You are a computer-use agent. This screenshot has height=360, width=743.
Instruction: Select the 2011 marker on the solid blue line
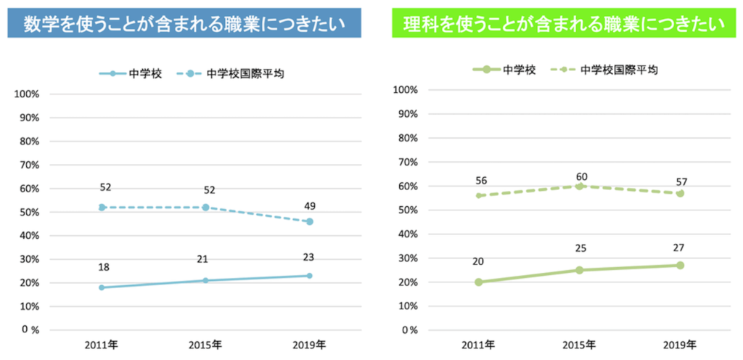point(102,287)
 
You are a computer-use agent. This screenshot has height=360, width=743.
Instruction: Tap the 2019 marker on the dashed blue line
point(309,221)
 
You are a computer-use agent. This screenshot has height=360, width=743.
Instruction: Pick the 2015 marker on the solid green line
point(580,270)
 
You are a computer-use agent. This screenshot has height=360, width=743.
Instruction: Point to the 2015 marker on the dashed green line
point(580,186)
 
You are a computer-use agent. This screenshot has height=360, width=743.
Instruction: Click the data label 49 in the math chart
point(309,205)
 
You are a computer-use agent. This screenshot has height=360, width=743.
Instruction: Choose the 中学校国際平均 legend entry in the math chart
point(234,73)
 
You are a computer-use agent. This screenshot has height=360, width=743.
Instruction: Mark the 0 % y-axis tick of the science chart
point(403,330)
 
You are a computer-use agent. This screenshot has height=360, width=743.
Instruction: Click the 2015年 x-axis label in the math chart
point(205,344)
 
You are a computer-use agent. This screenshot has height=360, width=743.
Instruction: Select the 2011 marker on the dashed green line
point(480,195)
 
